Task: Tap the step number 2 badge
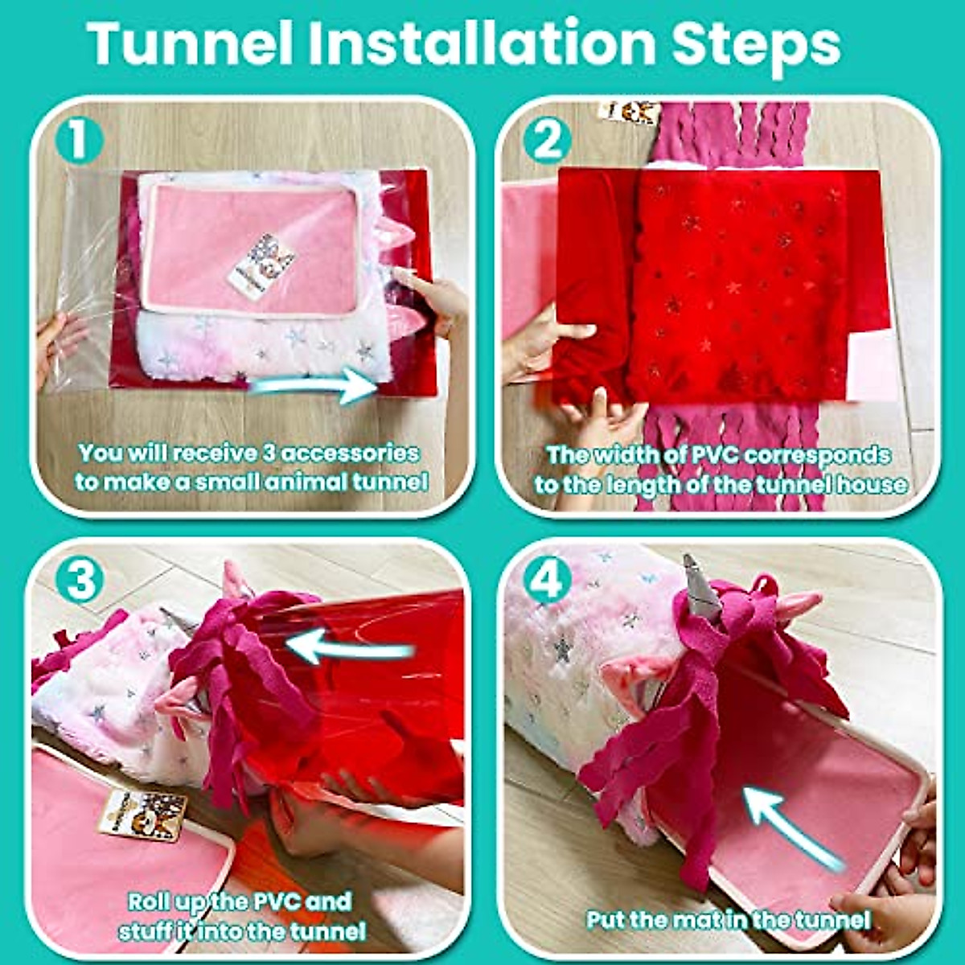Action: pyautogui.click(x=547, y=142)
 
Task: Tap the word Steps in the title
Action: pyautogui.click(x=756, y=47)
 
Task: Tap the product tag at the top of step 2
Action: pyautogui.click(x=631, y=111)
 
